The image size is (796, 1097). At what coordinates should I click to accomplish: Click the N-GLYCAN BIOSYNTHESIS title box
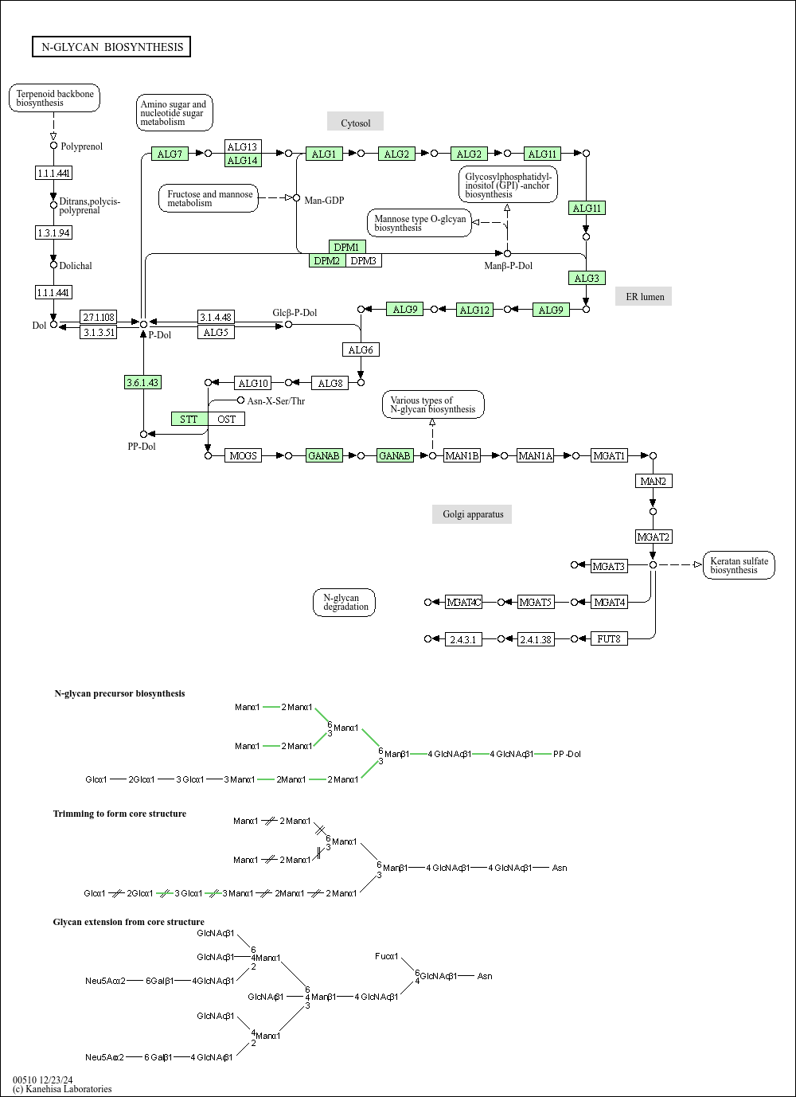[111, 47]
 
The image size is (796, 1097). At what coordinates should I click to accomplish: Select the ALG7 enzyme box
[170, 154]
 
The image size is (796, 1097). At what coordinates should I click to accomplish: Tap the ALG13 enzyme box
[243, 146]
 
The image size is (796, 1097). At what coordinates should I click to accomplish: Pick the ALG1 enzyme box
[324, 154]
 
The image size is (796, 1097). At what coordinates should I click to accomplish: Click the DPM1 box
[347, 247]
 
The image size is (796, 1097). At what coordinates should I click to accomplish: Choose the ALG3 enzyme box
[587, 278]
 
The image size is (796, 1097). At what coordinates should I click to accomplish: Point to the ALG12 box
[474, 310]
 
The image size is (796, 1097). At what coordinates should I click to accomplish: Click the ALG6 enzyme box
[361, 349]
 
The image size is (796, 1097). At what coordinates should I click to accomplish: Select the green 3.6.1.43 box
[143, 382]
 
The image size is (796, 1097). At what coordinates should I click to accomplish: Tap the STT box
[189, 419]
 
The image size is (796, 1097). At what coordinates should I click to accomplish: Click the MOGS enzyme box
[244, 455]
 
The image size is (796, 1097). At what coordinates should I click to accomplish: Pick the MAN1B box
[462, 455]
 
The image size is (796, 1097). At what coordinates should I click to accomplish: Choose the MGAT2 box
[654, 537]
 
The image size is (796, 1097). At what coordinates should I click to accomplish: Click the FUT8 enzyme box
[609, 638]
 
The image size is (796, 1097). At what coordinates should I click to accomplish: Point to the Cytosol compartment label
[355, 123]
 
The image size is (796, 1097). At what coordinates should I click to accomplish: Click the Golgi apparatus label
[473, 514]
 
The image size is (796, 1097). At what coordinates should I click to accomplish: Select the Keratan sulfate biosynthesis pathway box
[739, 565]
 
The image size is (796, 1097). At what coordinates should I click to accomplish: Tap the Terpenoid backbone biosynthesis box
[55, 98]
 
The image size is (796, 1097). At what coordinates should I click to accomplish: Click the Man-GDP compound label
[324, 200]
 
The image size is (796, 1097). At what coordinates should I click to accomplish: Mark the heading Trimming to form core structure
[119, 814]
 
